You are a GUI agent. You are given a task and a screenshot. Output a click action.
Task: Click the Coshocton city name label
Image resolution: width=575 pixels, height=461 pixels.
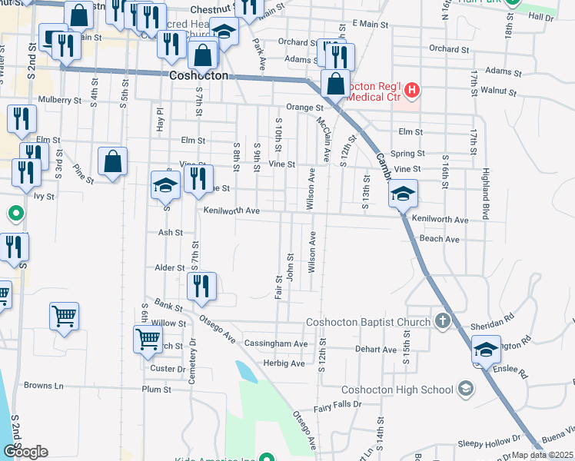tap(198, 76)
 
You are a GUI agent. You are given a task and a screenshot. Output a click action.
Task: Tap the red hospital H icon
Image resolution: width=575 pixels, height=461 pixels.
tap(412, 91)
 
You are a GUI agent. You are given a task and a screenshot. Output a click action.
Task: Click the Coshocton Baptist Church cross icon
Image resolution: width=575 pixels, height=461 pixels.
tap(443, 321)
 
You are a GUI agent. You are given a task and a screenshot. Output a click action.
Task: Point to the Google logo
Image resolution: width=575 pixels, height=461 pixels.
tap(26, 451)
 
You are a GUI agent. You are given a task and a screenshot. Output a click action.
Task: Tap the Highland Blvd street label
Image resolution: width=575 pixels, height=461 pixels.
tap(486, 194)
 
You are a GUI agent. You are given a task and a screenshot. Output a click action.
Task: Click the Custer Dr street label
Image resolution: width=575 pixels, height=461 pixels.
tap(164, 368)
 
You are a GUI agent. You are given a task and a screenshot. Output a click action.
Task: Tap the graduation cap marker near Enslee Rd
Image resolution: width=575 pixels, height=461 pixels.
tap(485, 350)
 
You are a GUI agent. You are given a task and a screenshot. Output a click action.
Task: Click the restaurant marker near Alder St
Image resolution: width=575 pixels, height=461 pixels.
tap(201, 286)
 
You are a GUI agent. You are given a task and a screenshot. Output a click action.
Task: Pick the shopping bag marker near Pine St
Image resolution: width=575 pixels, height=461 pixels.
tap(112, 161)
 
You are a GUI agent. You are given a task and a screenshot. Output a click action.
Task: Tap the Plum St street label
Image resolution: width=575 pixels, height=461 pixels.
tap(156, 390)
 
